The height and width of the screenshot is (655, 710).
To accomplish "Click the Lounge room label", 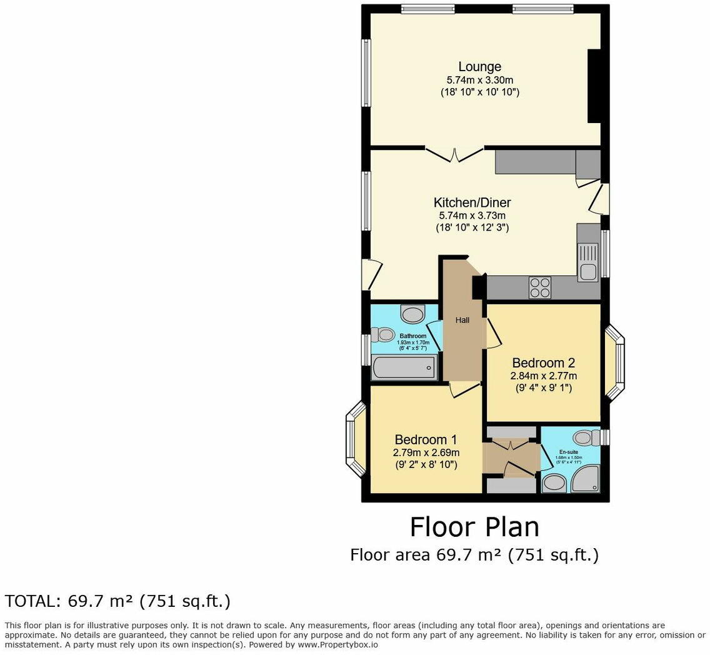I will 479,67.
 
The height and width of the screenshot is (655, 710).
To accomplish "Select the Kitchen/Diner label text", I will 472,202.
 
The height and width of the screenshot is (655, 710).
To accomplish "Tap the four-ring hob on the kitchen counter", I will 539,287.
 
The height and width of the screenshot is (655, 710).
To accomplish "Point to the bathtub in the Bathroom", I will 403,367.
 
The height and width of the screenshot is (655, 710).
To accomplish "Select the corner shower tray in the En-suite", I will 587,480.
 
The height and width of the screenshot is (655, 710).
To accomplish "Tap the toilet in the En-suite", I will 586,437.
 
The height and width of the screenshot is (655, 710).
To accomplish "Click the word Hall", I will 462,321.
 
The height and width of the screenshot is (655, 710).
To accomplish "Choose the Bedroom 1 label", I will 421,440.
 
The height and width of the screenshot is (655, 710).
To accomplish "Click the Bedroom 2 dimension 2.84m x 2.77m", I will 543,376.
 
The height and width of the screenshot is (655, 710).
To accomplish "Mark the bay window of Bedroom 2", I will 616,362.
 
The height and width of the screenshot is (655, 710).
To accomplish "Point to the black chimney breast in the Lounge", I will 594,86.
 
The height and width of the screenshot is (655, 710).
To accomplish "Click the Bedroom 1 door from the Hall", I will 464,389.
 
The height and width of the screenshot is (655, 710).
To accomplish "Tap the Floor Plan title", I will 474,527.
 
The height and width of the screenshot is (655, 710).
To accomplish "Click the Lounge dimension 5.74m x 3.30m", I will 479,80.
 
